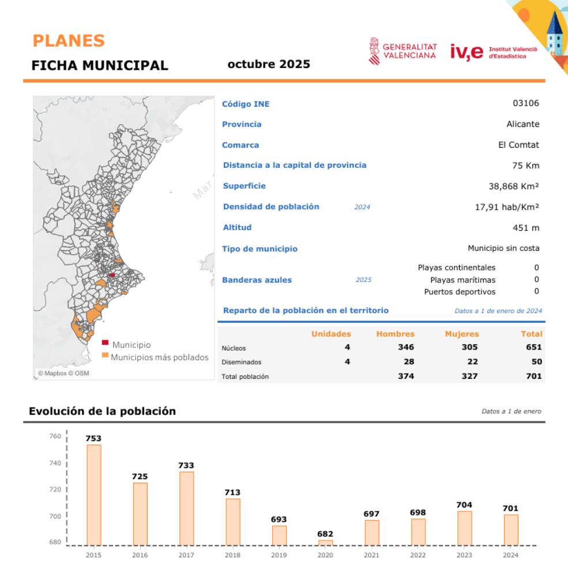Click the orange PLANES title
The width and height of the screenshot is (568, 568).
pos(69,41)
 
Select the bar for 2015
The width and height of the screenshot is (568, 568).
pos(93,495)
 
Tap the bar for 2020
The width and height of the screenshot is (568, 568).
pos(325,543)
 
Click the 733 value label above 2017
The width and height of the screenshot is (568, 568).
pos(186,465)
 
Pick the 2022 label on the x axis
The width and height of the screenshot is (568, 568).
pos(418,555)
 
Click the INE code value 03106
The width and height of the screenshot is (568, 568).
pos(526,104)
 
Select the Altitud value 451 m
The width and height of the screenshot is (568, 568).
pos(526,228)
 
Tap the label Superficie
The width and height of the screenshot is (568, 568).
pos(244,186)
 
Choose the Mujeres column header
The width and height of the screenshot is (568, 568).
pos(461,334)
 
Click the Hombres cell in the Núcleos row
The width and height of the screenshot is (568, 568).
pos(406,347)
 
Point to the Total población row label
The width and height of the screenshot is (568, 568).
pos(245,377)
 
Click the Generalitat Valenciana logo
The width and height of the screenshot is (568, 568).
pos(403,51)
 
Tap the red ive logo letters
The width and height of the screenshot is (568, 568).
pos(466,51)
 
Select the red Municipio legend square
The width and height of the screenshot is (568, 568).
pos(105,343)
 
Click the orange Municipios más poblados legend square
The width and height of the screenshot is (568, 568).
pos(105,355)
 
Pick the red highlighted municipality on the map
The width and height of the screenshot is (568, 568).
pos(111,275)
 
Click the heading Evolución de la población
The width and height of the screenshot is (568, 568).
pos(102,411)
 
